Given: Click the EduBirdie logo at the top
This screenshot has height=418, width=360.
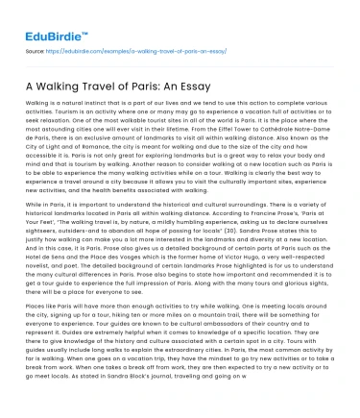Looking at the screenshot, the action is (x=44, y=19).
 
